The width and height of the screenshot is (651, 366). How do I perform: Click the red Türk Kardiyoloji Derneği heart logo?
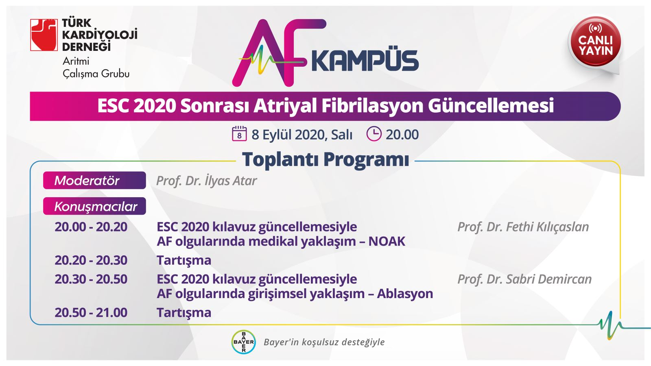point(44,35)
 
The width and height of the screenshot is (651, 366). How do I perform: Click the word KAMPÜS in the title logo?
point(365,61)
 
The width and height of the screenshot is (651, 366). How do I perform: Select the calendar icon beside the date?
point(239,134)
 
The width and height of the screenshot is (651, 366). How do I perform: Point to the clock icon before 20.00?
point(374,134)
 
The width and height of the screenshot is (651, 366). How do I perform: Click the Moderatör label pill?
point(94,181)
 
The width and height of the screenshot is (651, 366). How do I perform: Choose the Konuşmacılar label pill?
point(94,206)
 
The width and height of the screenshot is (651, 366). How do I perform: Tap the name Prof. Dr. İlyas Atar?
point(206,181)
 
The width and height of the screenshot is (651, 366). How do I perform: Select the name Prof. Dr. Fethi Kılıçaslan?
point(523,227)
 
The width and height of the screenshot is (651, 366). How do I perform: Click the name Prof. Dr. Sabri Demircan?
point(524,279)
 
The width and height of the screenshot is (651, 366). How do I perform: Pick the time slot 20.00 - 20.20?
point(91,227)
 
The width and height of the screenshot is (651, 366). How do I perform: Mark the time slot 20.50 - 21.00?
point(91,313)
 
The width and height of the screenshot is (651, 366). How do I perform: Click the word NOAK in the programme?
point(387,242)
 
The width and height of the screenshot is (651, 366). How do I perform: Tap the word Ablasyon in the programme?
point(405,294)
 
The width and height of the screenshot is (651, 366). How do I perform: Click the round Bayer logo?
point(244,342)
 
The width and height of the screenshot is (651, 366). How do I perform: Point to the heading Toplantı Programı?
point(325,159)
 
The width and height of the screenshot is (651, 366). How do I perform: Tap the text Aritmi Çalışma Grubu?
point(96,68)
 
